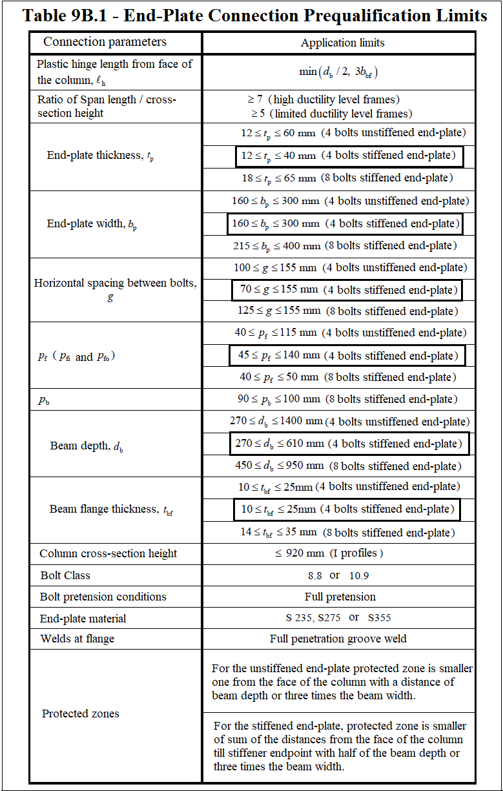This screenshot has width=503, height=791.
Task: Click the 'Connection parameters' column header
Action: [x=105, y=42]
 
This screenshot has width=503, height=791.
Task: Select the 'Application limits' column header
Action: [x=342, y=43]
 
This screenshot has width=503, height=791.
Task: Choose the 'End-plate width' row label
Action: [x=92, y=224]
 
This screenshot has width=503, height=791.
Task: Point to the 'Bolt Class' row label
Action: [x=65, y=575]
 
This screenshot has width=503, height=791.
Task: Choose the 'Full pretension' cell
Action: [x=340, y=597]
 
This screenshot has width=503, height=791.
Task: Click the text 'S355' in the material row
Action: [x=380, y=618]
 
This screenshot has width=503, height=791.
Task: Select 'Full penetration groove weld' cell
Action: [x=338, y=639]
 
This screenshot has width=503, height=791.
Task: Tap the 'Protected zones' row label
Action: [x=81, y=714]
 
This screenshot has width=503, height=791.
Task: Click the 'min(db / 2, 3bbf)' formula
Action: [x=338, y=72]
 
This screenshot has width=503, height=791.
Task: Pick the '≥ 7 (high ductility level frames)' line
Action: [x=323, y=99]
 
